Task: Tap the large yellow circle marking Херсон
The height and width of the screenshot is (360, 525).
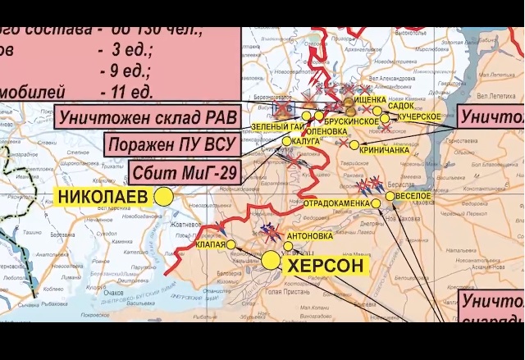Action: tap(271, 261)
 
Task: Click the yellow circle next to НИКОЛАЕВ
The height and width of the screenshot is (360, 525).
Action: tap(164, 196)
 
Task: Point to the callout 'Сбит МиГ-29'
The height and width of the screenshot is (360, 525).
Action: tap(183, 174)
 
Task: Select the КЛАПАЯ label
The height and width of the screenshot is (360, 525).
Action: tap(211, 244)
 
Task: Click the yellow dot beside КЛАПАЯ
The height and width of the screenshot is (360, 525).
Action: tap(231, 244)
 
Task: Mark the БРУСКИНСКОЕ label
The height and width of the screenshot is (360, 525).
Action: tap(355, 121)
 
